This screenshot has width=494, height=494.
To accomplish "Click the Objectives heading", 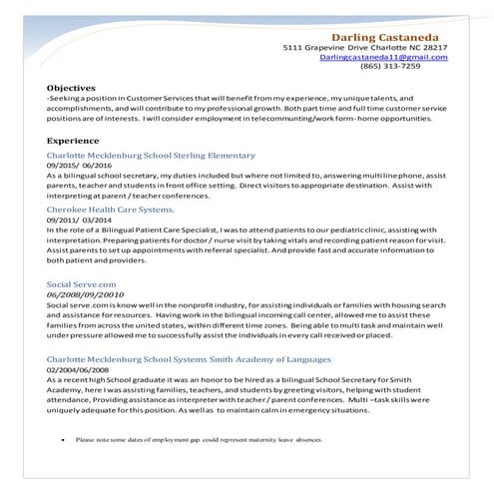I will [x=71, y=88].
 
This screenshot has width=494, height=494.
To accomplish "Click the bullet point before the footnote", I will [x=63, y=439].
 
